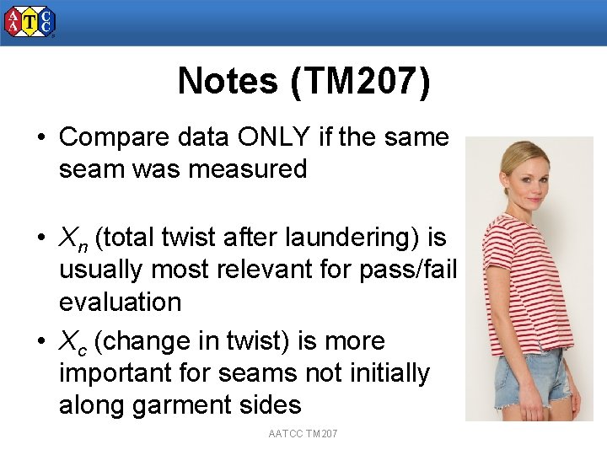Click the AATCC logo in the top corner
30,21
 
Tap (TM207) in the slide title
359,82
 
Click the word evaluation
120,302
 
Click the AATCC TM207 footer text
303,433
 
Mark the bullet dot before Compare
41,137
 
